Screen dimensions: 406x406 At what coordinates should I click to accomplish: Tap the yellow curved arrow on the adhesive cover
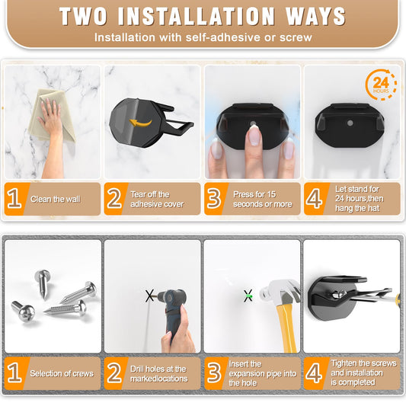pos(140,123)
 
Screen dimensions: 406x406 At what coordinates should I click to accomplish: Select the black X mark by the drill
pos(149,296)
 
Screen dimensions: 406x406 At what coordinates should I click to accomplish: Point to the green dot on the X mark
pos(250,296)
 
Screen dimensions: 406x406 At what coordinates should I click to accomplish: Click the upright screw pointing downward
pos(43,283)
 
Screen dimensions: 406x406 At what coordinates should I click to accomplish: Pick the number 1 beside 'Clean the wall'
pos(14,199)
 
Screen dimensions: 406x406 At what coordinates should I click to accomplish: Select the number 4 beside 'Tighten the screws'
pos(314,373)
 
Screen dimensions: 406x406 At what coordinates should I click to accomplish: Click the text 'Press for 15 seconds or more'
pos(262,199)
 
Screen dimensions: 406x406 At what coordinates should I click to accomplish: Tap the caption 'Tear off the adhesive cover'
pos(157,199)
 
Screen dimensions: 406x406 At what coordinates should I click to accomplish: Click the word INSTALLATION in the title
pos(197,16)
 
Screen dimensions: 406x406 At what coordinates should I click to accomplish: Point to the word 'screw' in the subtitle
pos(296,37)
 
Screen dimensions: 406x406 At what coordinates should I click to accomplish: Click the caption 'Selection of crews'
pos(62,373)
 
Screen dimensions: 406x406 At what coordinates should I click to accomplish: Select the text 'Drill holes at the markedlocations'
pos(158,374)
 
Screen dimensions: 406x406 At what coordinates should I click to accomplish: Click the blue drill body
pos(174,308)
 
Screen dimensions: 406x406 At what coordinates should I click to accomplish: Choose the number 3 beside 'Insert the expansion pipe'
pos(214,373)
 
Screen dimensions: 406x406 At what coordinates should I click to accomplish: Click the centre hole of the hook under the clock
pos(350,123)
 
